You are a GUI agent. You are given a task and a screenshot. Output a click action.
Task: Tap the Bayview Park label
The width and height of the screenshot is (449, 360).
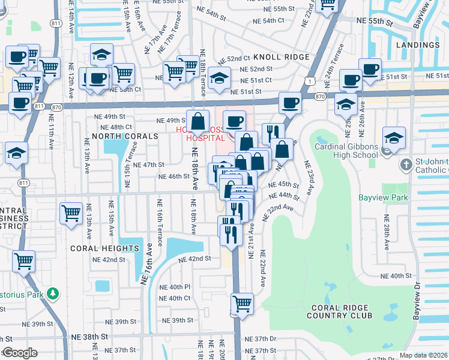(x=384, y=197)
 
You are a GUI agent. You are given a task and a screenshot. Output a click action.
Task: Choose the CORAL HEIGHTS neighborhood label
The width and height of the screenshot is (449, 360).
(x=104, y=248)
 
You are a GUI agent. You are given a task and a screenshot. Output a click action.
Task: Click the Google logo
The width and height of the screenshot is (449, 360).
(x=19, y=353)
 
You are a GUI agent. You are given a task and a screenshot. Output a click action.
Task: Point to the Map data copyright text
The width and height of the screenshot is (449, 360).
(x=424, y=355)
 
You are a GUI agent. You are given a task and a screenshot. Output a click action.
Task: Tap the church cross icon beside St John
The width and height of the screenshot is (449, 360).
(x=406, y=164)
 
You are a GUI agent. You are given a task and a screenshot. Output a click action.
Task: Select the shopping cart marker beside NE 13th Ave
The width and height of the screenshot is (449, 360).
(x=71, y=213)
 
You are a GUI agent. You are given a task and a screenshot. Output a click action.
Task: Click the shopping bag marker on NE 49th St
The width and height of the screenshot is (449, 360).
(x=197, y=122)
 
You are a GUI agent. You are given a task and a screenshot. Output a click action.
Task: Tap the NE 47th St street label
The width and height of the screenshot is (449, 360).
(x=148, y=164)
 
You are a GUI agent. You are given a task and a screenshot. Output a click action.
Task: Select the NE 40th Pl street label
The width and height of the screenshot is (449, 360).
(x=175, y=287)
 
